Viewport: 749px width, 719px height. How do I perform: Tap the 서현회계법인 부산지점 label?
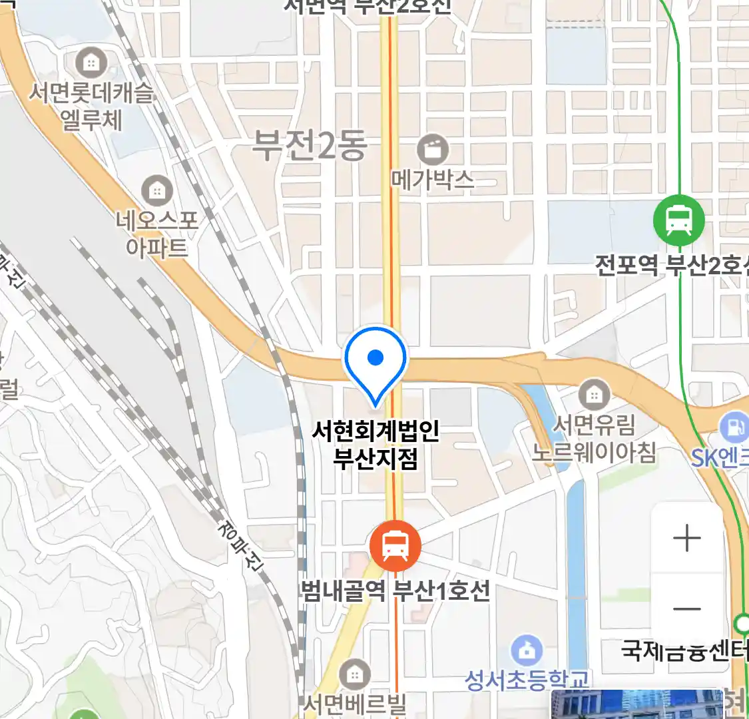point(375,445)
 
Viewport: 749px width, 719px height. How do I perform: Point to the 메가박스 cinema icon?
point(433,150)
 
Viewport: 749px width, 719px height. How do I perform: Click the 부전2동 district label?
point(310,146)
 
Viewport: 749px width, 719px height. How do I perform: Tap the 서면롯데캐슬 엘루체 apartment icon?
point(91,64)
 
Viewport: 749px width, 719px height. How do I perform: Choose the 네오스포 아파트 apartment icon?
point(157,192)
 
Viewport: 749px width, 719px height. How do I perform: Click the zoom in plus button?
point(687,538)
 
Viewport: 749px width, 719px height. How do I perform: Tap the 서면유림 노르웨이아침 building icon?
point(594,395)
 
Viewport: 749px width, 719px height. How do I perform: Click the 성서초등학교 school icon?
point(527,650)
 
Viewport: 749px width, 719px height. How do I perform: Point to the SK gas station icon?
point(735,427)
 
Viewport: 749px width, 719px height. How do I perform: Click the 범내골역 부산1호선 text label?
point(395,591)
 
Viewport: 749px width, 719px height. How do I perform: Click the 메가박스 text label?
point(433,179)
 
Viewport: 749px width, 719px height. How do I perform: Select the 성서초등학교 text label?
point(527,680)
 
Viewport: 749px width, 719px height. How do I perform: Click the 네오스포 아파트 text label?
point(157,234)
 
